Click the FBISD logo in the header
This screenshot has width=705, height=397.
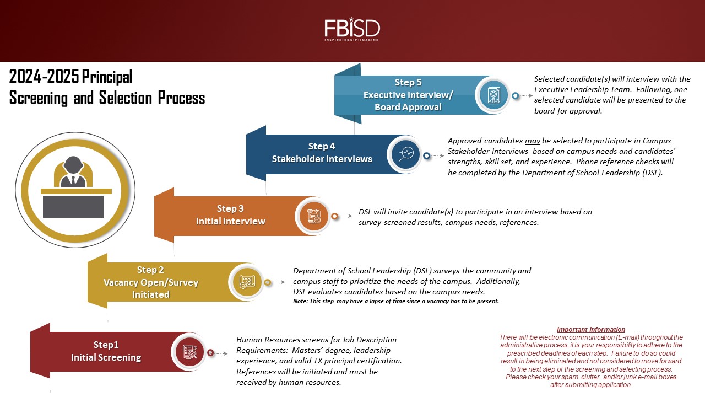point(352,29)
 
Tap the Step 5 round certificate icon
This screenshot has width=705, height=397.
point(493,95)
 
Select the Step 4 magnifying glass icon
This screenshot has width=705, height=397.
point(406,154)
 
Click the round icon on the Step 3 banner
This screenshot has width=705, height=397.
point(313,216)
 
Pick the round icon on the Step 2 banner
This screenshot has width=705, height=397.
point(247,282)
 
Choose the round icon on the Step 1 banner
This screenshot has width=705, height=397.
point(190,352)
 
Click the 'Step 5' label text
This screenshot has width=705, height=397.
point(408,82)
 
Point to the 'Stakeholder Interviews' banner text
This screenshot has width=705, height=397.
point(322,159)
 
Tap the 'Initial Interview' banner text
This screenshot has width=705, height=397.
point(230,221)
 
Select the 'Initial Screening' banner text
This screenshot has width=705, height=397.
point(106,357)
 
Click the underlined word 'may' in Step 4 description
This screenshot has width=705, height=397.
point(532,141)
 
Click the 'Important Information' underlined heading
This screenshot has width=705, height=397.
point(591,330)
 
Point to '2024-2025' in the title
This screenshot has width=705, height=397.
point(44,77)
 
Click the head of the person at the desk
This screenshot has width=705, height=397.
point(73,164)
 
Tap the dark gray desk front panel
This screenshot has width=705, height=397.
point(73,207)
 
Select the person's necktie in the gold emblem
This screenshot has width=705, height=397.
point(73,180)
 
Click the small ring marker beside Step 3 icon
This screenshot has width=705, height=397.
point(335,216)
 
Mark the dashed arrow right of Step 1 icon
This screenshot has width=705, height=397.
point(220,353)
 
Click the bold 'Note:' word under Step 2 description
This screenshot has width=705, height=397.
point(300,301)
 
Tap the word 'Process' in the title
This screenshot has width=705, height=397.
point(181,98)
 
